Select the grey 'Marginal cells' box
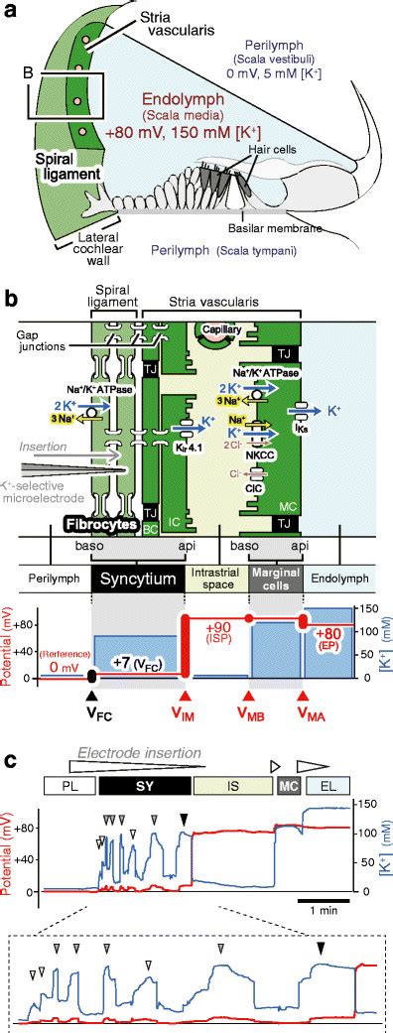coord(274,580)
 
